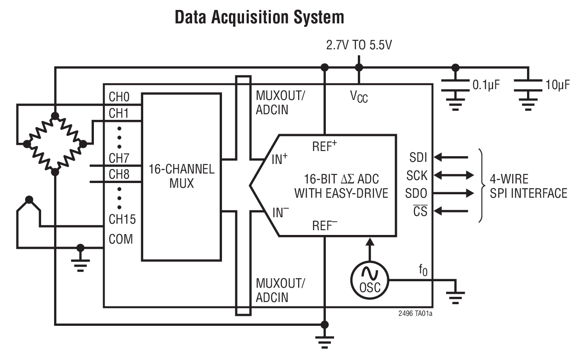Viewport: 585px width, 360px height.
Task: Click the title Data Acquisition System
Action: (259, 17)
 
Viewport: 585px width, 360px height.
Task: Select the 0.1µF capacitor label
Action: (485, 84)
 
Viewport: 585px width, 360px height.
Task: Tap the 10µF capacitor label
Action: (557, 84)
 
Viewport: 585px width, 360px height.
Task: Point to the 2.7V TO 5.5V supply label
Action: (359, 45)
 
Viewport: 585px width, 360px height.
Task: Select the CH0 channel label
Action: (119, 97)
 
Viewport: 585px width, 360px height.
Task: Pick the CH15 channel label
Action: (122, 219)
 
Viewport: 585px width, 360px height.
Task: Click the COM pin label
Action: (121, 239)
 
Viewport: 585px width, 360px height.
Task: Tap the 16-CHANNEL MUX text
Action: (181, 176)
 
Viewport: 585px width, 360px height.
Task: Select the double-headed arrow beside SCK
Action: (453, 175)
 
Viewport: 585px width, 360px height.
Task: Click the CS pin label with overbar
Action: (420, 212)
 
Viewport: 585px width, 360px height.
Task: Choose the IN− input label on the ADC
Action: (281, 212)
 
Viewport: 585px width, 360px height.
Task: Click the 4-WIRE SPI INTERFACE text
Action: (528, 186)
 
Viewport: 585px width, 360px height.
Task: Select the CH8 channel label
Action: (119, 174)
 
